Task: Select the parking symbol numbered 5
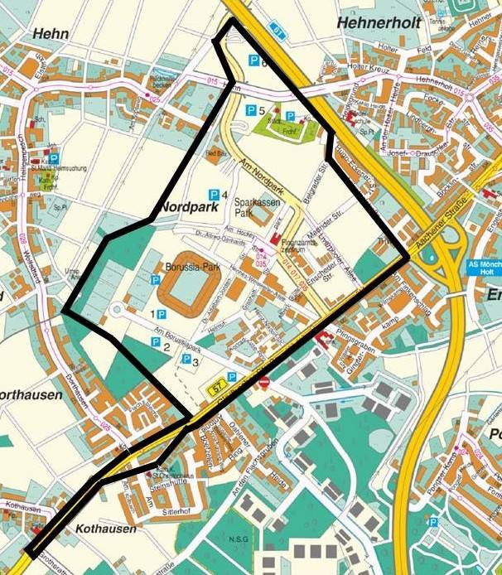point(251,110)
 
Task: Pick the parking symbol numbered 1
point(161,315)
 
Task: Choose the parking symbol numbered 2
point(155,342)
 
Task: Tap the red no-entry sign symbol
point(263,382)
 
